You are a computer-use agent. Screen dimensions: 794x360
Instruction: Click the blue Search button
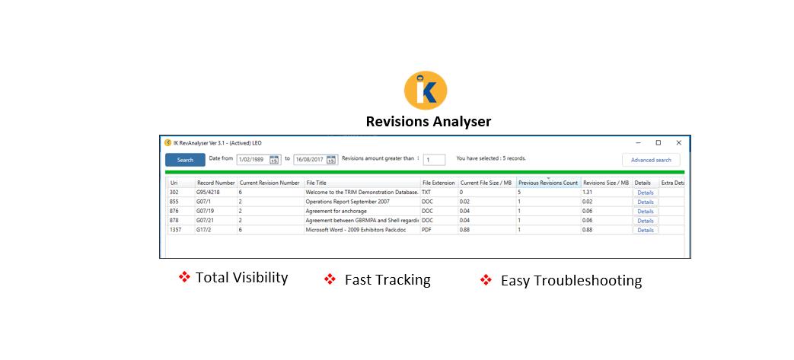(x=185, y=160)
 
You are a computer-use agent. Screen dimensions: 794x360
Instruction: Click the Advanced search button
(x=651, y=160)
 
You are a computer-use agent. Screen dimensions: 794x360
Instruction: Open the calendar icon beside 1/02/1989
(x=274, y=160)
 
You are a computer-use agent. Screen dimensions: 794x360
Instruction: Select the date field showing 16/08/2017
(x=311, y=160)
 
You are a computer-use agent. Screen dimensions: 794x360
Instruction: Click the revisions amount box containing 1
(x=434, y=160)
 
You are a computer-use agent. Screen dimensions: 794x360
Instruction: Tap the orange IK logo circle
(x=426, y=91)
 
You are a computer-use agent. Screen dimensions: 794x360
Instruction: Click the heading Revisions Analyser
(x=429, y=122)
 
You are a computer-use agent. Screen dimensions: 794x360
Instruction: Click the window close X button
(x=678, y=143)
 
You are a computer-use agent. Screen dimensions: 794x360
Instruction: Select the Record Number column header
(x=215, y=183)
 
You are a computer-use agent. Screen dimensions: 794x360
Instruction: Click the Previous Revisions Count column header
(x=548, y=183)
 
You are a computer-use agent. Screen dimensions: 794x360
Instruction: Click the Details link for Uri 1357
(x=645, y=231)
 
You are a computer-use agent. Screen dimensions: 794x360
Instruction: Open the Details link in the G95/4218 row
(x=645, y=193)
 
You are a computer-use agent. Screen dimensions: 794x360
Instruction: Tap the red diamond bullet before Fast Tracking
(x=330, y=279)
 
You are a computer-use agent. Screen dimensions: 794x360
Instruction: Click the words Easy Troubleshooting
(x=571, y=280)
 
